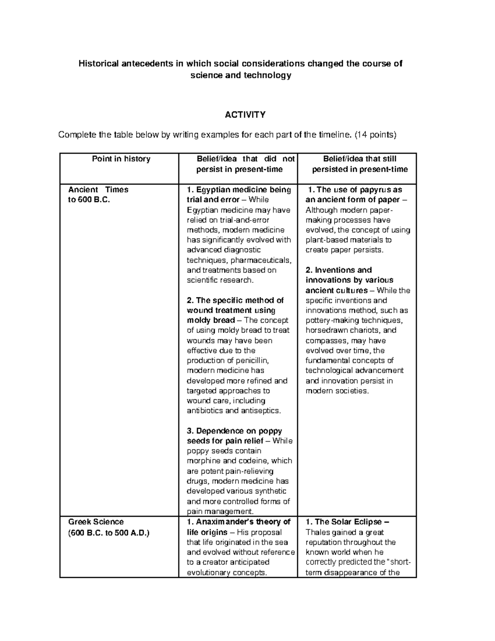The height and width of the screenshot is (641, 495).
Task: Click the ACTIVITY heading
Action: point(245,115)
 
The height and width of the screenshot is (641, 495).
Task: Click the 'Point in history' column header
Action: point(121,159)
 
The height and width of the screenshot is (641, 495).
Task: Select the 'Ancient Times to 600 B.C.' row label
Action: point(98,195)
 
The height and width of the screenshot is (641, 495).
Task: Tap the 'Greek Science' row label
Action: point(96,522)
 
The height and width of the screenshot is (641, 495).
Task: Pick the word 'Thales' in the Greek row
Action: point(317,532)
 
